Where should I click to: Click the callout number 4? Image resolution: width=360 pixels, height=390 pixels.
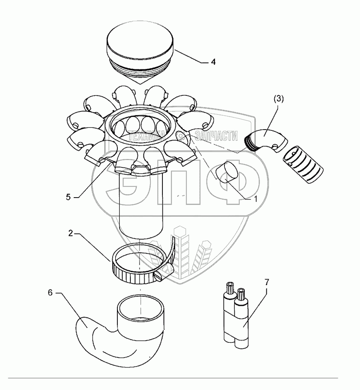(x=213, y=62)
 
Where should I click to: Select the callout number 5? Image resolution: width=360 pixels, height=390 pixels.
(x=68, y=196)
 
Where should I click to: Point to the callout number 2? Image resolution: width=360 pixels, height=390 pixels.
(x=70, y=234)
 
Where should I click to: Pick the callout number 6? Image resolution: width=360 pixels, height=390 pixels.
(x=50, y=293)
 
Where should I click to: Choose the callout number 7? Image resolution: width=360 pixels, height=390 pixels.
(x=266, y=282)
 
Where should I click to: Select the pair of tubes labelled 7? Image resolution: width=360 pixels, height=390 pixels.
(x=237, y=316)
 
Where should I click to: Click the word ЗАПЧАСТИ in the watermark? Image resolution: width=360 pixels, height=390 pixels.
(x=217, y=136)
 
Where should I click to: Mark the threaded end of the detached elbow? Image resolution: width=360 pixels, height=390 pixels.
(x=251, y=142)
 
